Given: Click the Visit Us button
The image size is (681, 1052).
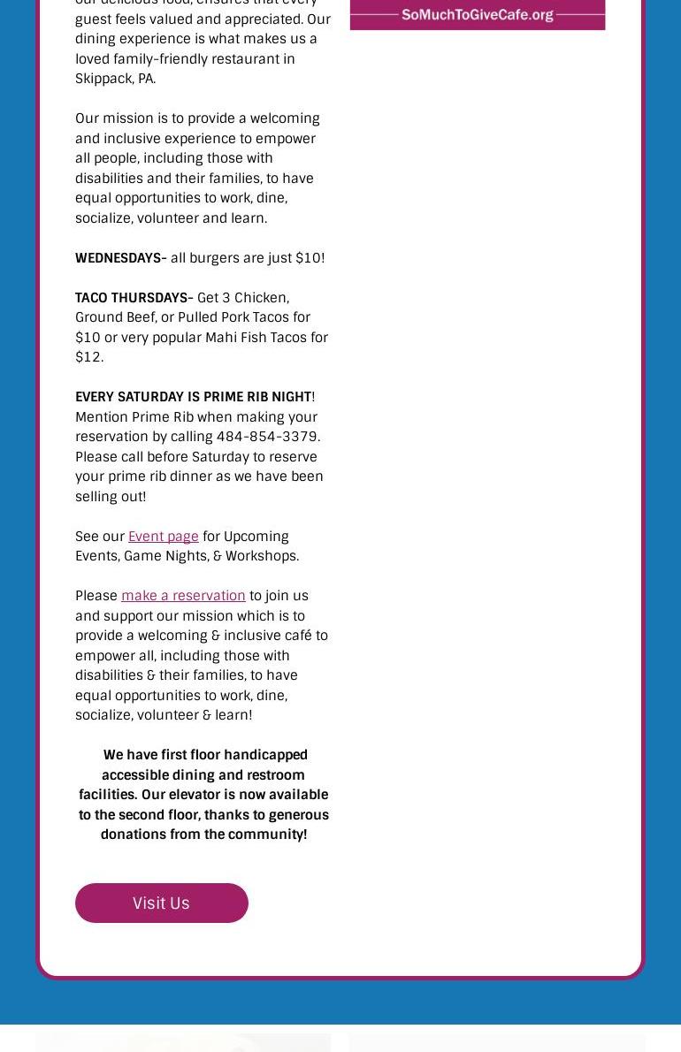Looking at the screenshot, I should [161, 903].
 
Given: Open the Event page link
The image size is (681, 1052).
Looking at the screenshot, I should [163, 536].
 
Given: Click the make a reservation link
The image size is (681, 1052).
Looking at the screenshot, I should [183, 595].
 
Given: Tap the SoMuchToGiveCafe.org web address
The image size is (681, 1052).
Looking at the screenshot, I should [477, 14].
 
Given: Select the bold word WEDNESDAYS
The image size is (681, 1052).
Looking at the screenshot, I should [118, 257].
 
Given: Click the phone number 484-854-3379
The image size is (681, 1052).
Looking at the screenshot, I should [267, 436].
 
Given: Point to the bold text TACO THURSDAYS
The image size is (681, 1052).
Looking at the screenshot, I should [133, 297].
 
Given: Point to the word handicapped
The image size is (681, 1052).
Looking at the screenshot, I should [265, 754].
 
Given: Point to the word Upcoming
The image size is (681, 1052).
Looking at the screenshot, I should [256, 536].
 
